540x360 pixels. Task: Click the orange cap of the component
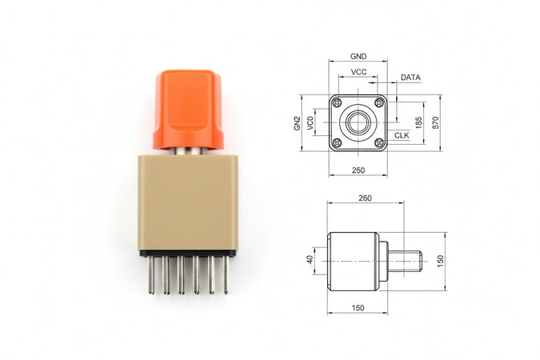[x=188, y=108]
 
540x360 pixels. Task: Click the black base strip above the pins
[x=188, y=253]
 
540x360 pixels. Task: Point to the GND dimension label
[x=358, y=57]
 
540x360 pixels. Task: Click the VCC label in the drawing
[x=359, y=72]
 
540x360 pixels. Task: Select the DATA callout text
[x=410, y=78]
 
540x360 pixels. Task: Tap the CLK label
[x=402, y=135]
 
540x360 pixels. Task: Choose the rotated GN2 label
[x=296, y=122]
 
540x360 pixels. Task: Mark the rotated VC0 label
[x=311, y=122]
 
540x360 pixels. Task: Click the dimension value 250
[x=358, y=170]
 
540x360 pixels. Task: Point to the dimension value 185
[x=418, y=122]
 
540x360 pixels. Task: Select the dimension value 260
[x=365, y=198]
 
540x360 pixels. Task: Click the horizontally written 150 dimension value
[x=358, y=307]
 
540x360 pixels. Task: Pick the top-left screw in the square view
[x=337, y=102]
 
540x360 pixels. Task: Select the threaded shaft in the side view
[x=405, y=261]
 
